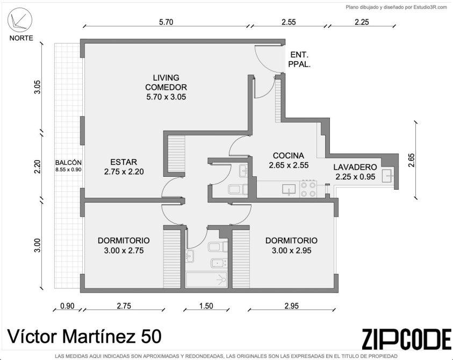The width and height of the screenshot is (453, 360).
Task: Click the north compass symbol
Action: [x=20, y=20]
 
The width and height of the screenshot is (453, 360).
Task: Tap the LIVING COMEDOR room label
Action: [x=166, y=87]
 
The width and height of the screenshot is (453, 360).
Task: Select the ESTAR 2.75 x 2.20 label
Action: [x=124, y=167]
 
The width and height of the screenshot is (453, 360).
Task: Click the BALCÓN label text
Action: [x=68, y=163]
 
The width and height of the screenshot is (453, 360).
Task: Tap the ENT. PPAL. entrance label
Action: [x=299, y=59]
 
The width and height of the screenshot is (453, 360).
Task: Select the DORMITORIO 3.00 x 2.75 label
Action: [x=124, y=246]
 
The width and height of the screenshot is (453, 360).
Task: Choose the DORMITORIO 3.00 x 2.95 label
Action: [x=291, y=246]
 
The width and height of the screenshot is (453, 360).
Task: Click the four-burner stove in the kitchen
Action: [x=308, y=189]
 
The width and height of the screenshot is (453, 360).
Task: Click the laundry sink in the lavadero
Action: [x=387, y=176]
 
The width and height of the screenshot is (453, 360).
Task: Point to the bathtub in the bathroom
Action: [x=206, y=280]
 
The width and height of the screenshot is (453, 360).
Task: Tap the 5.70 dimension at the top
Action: [x=166, y=22]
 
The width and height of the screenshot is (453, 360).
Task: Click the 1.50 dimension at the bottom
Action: [x=206, y=306]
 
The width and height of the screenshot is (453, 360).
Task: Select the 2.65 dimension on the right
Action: [x=412, y=160]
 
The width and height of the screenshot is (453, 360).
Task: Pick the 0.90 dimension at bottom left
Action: [x=67, y=306]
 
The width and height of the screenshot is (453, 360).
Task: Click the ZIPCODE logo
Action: [x=407, y=339]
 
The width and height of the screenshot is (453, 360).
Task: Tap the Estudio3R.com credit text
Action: [x=430, y=8]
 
